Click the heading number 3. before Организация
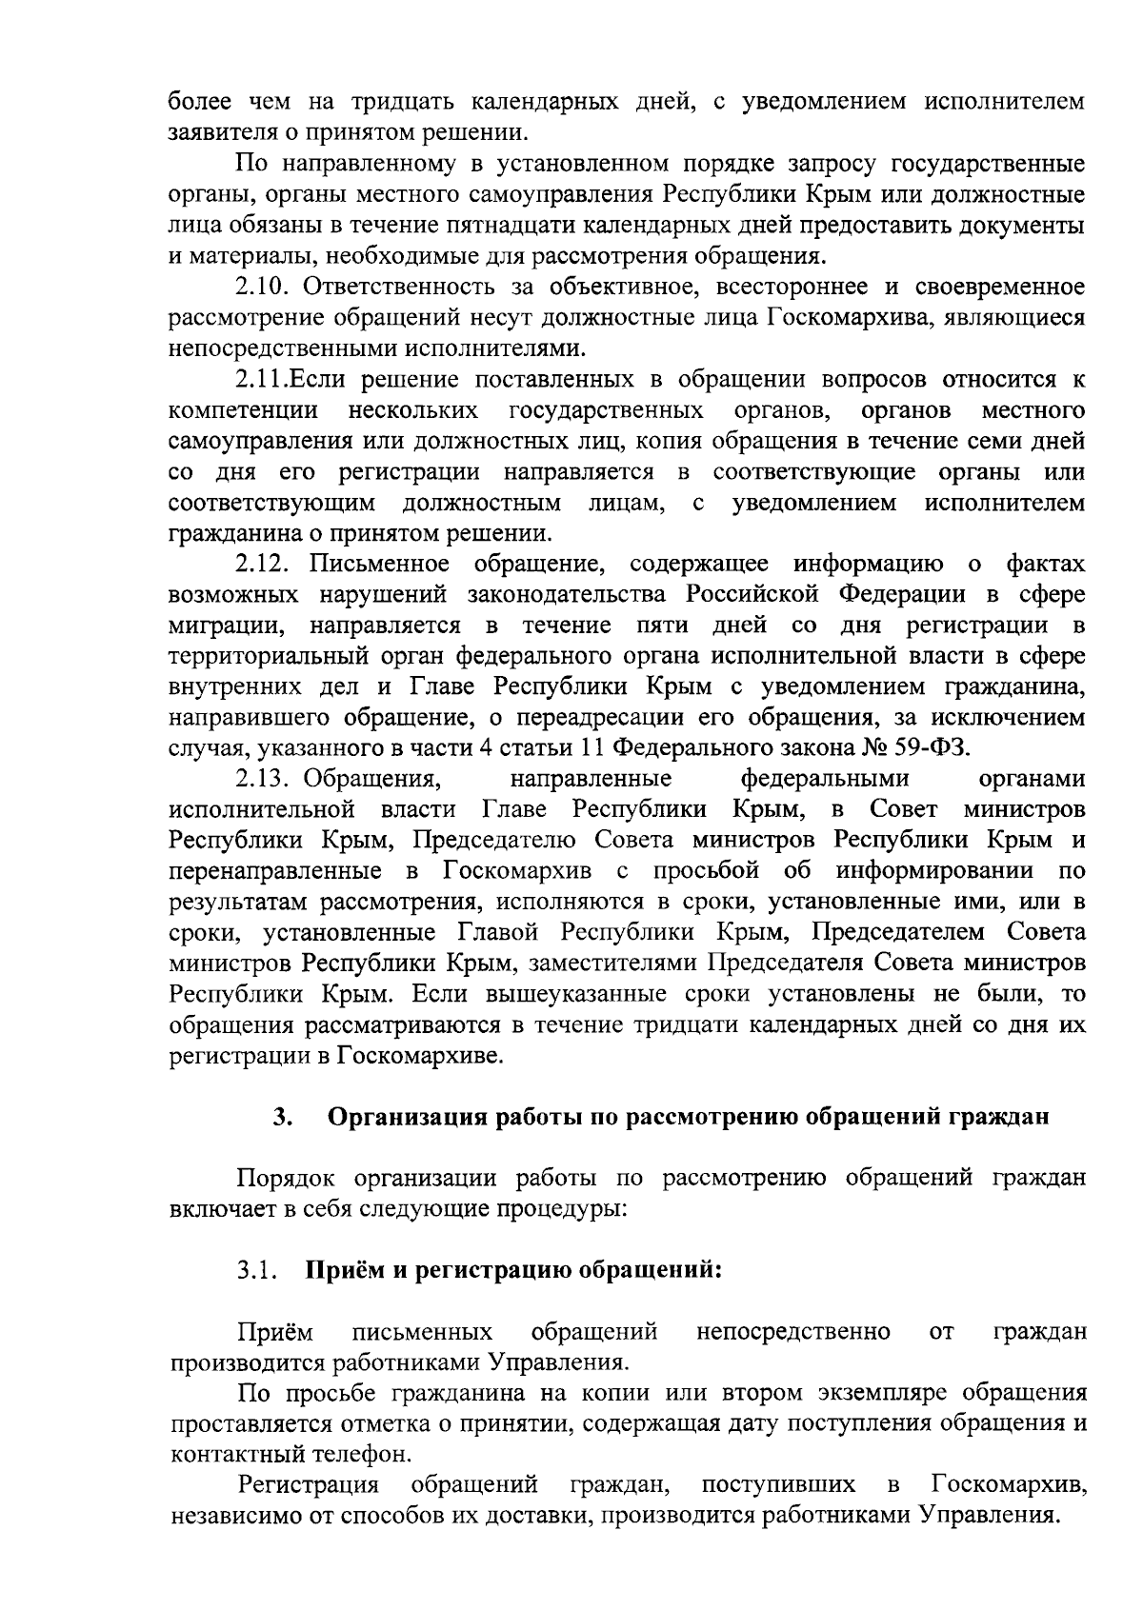click(x=281, y=1117)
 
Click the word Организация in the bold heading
click(x=409, y=1117)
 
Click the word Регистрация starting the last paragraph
click(x=309, y=1485)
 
